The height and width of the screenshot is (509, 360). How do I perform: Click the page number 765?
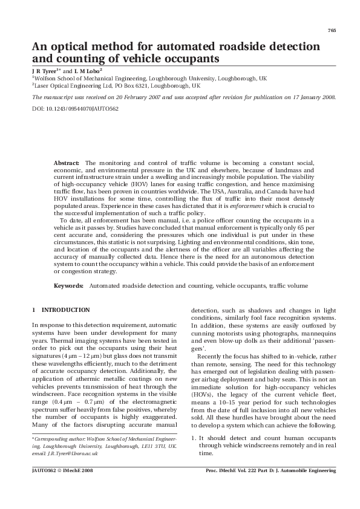pyautogui.click(x=332, y=30)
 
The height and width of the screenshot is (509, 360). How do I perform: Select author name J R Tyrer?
pyautogui.click(x=44, y=71)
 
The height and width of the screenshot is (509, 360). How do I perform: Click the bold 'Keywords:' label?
pyautogui.click(x=68, y=285)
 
